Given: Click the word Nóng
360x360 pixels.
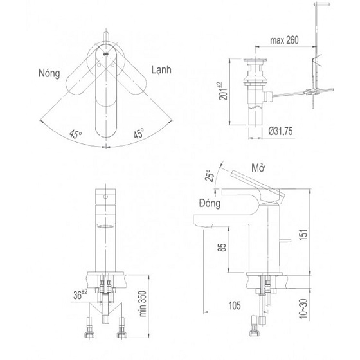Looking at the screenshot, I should [x=48, y=73].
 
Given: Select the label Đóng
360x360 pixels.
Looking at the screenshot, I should [x=210, y=204].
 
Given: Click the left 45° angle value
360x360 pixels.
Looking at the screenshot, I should [x=76, y=134].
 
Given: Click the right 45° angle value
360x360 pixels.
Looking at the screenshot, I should [x=137, y=134].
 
